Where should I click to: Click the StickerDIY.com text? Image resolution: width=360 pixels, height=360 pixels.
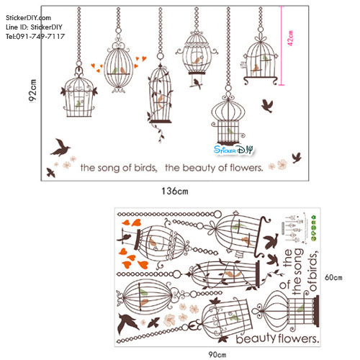point(29,17)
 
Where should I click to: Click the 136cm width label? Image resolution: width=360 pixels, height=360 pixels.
point(174,191)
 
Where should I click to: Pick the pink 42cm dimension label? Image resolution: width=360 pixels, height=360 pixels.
point(289,40)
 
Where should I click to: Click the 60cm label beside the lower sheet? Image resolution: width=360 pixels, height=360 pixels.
point(332,277)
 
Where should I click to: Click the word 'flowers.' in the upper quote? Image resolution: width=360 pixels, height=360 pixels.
point(242,168)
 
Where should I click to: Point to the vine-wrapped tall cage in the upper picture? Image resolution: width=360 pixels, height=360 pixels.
point(161,99)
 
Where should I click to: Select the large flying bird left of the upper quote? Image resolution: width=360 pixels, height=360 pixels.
point(62,148)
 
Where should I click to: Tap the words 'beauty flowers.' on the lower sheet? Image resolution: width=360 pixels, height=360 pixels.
point(276,338)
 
